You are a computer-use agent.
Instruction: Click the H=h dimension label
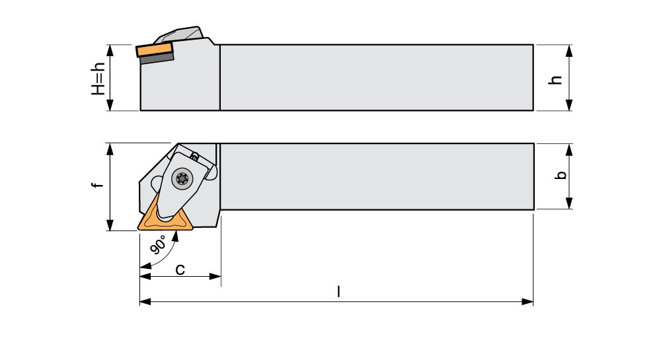coord(98,79)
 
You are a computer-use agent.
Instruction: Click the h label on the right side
coord(557,80)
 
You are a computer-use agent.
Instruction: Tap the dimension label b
coord(561,175)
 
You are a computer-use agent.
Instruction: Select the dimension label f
coord(98,185)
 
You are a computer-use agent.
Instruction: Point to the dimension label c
coord(180,269)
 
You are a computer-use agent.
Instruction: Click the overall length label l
coord(338,291)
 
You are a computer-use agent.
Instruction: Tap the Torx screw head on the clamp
coord(183,179)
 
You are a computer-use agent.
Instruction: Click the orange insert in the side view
coord(155,50)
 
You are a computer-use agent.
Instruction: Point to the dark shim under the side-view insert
coord(157,58)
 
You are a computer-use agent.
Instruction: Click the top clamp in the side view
coord(180,34)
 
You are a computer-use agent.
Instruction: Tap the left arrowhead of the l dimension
coord(145,301)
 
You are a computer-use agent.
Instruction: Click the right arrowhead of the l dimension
coord(527,301)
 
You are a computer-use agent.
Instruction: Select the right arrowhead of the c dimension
coord(215,276)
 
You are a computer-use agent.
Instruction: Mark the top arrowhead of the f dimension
coord(110,149)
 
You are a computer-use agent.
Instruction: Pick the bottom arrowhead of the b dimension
coord(568,203)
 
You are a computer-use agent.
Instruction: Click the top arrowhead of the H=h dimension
coord(110,50)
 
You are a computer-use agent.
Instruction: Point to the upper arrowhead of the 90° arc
coord(176,236)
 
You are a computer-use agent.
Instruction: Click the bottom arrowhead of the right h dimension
coord(568,105)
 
